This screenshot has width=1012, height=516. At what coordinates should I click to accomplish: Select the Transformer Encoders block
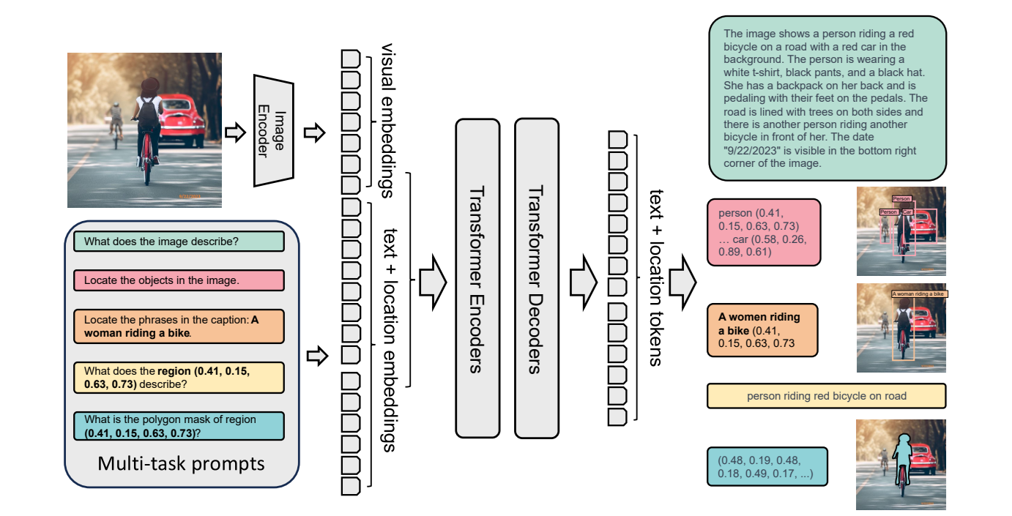tap(477, 278)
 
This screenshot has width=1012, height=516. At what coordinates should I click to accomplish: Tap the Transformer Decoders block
tap(536, 278)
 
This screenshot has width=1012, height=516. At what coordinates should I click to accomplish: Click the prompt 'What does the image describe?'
tap(179, 242)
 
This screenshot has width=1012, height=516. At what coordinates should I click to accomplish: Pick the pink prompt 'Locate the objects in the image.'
tap(179, 280)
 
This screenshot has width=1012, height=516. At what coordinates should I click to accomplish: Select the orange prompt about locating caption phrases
tap(179, 326)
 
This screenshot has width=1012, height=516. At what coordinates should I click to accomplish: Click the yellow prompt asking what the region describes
tap(179, 378)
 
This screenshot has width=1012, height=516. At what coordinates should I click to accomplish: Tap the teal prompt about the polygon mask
tap(179, 426)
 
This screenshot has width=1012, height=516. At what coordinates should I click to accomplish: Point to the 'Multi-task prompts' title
tap(182, 464)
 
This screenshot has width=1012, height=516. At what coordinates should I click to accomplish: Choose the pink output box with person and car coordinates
tap(764, 231)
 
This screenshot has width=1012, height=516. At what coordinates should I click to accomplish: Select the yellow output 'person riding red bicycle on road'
tap(827, 396)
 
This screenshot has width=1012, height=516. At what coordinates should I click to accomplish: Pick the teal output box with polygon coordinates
tap(767, 466)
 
